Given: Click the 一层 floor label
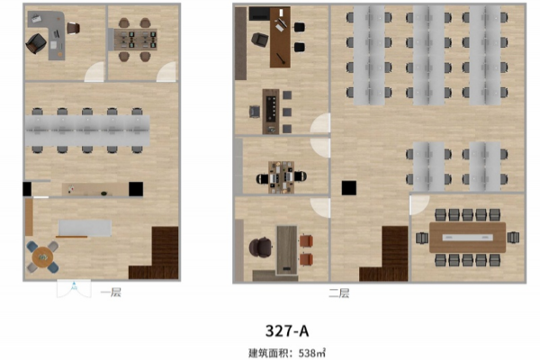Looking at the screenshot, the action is click(x=111, y=292).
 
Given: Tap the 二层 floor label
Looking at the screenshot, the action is click(x=339, y=293).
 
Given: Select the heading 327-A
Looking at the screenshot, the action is click(x=287, y=331).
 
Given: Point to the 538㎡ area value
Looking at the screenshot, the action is click(x=312, y=353).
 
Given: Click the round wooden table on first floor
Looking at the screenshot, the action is click(x=42, y=257).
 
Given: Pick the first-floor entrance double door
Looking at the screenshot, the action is click(x=74, y=289).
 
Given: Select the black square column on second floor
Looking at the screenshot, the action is click(x=349, y=188).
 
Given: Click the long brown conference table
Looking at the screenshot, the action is click(x=467, y=238).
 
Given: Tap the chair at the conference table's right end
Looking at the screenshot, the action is click(x=513, y=238).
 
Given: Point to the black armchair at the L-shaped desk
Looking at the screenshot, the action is click(x=36, y=43).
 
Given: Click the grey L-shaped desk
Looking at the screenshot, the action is click(x=49, y=32).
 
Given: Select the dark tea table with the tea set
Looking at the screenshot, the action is click(x=271, y=112).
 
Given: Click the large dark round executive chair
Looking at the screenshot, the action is click(x=261, y=247).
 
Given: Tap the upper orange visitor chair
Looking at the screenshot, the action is click(x=306, y=241).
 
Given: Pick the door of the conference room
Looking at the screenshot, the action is click(x=419, y=205).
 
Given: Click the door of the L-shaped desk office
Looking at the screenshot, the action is click(x=94, y=72).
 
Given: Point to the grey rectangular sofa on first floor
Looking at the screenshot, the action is click(x=85, y=229).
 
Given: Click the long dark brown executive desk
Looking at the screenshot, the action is click(x=280, y=37).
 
